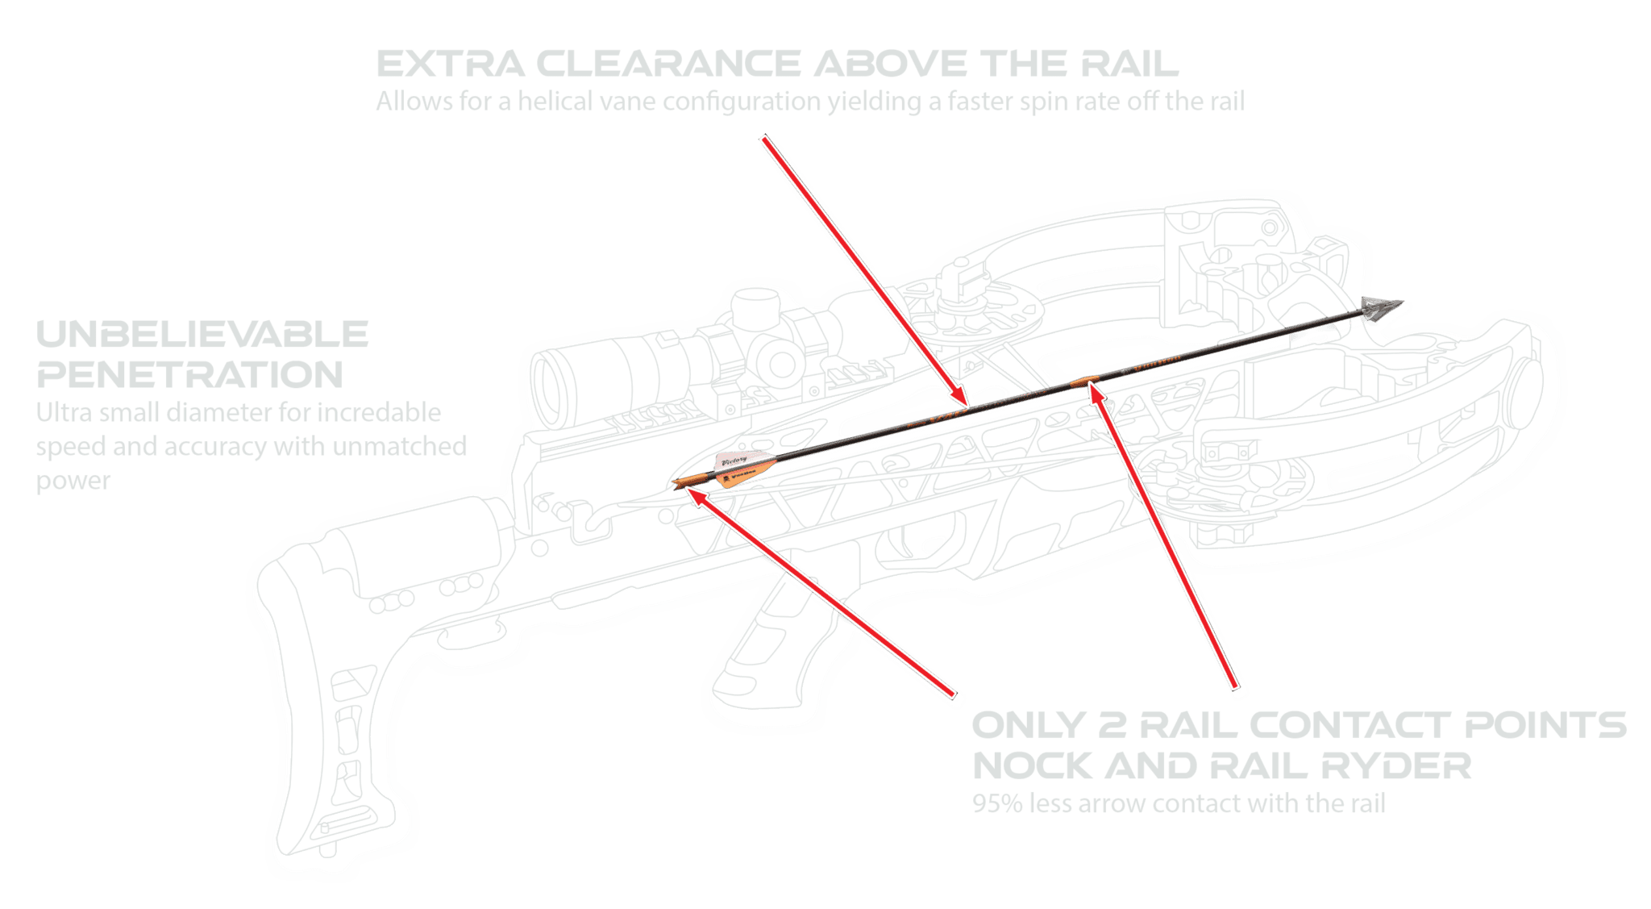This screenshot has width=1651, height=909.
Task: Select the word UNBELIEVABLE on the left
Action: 202,333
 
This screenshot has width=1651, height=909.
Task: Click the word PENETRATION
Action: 190,374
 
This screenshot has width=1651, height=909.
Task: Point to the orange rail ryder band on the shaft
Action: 1087,380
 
